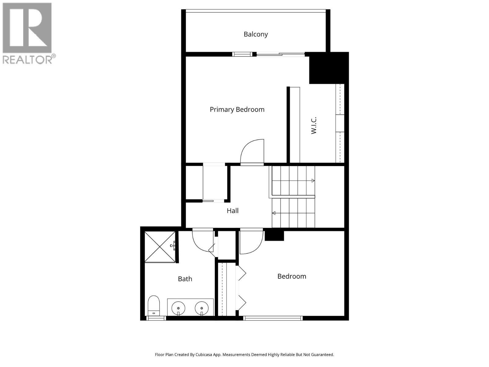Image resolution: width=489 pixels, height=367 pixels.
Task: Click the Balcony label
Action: coord(256,34)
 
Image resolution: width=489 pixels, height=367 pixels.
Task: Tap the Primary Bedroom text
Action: coord(237,109)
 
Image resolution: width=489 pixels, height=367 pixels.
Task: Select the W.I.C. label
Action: coord(314,125)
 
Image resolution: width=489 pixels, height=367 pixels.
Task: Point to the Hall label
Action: coord(233,211)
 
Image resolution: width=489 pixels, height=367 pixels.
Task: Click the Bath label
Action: coord(185,279)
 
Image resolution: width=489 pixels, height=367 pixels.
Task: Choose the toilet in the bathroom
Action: coord(154,305)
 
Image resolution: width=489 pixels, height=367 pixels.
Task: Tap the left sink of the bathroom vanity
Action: coord(178,308)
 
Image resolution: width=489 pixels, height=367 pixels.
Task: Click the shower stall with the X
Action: coord(160,247)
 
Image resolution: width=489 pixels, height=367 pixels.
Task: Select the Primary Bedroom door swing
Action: coord(253,152)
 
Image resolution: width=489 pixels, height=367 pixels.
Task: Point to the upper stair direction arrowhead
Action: coord(313,181)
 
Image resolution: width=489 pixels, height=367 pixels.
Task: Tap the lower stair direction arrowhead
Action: coord(274,213)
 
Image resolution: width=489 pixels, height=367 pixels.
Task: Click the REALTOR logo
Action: coord(28,33)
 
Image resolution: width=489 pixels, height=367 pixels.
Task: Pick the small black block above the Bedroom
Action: coord(274,236)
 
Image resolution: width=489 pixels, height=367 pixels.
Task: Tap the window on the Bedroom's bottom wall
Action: coord(273,318)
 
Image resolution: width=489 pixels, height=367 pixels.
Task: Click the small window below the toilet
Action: coord(156,318)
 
